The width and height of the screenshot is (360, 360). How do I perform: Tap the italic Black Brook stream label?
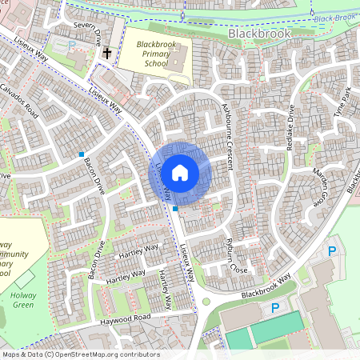coord(334,18)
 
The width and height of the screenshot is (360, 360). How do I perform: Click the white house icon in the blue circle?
coord(180,171)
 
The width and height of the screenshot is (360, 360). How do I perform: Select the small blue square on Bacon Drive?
coord(82,154)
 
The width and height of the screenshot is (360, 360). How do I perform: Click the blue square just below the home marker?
coord(175,208)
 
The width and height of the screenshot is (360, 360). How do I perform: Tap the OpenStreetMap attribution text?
coord(80,354)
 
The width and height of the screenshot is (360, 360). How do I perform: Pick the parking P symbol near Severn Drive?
coord(72,46)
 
